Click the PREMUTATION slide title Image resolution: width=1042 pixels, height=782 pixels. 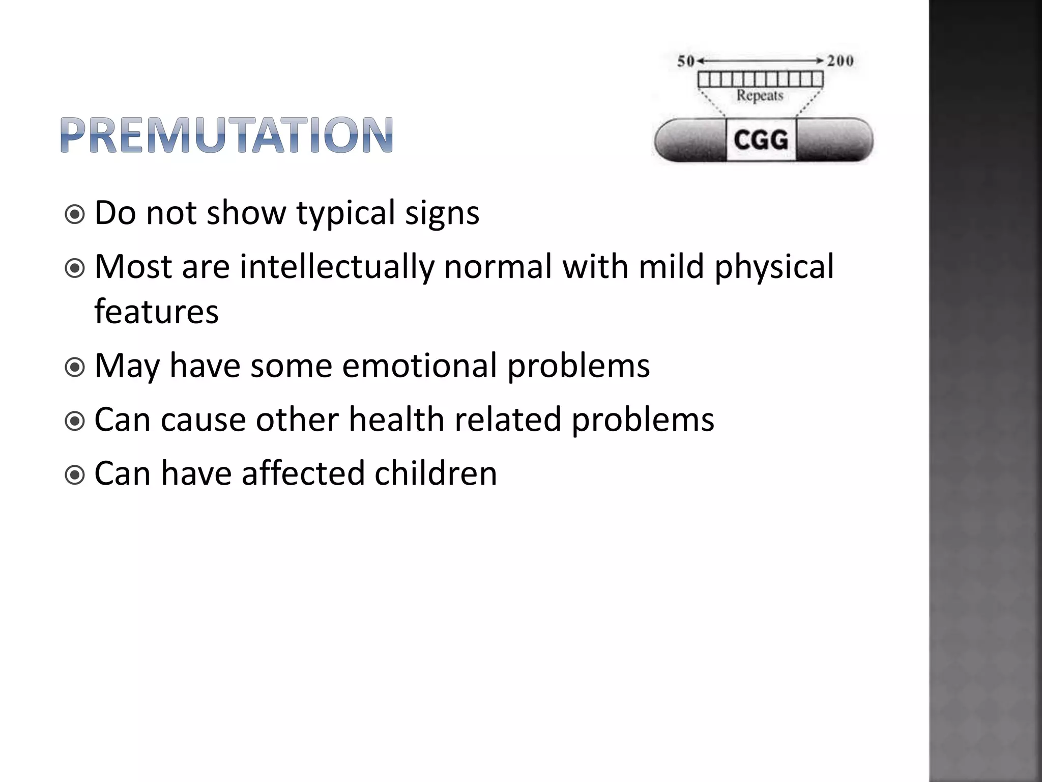[226, 135]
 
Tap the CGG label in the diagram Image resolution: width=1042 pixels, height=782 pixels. [761, 139]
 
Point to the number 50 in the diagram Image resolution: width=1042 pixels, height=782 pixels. [686, 62]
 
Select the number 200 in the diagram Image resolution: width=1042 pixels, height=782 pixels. [840, 61]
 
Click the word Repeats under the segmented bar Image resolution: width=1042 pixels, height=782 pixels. [760, 95]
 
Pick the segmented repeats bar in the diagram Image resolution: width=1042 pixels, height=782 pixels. [760, 79]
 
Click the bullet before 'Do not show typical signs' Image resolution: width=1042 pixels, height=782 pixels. [75, 215]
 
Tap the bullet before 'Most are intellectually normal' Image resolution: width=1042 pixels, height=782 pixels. [75, 269]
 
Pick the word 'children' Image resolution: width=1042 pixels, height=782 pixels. [436, 473]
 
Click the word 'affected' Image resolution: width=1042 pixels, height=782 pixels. [303, 473]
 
